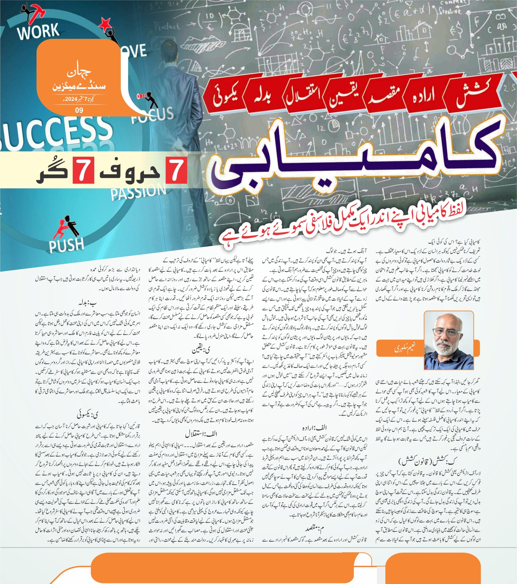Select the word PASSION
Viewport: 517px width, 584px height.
[138, 191]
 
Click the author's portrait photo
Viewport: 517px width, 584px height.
[448, 340]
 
